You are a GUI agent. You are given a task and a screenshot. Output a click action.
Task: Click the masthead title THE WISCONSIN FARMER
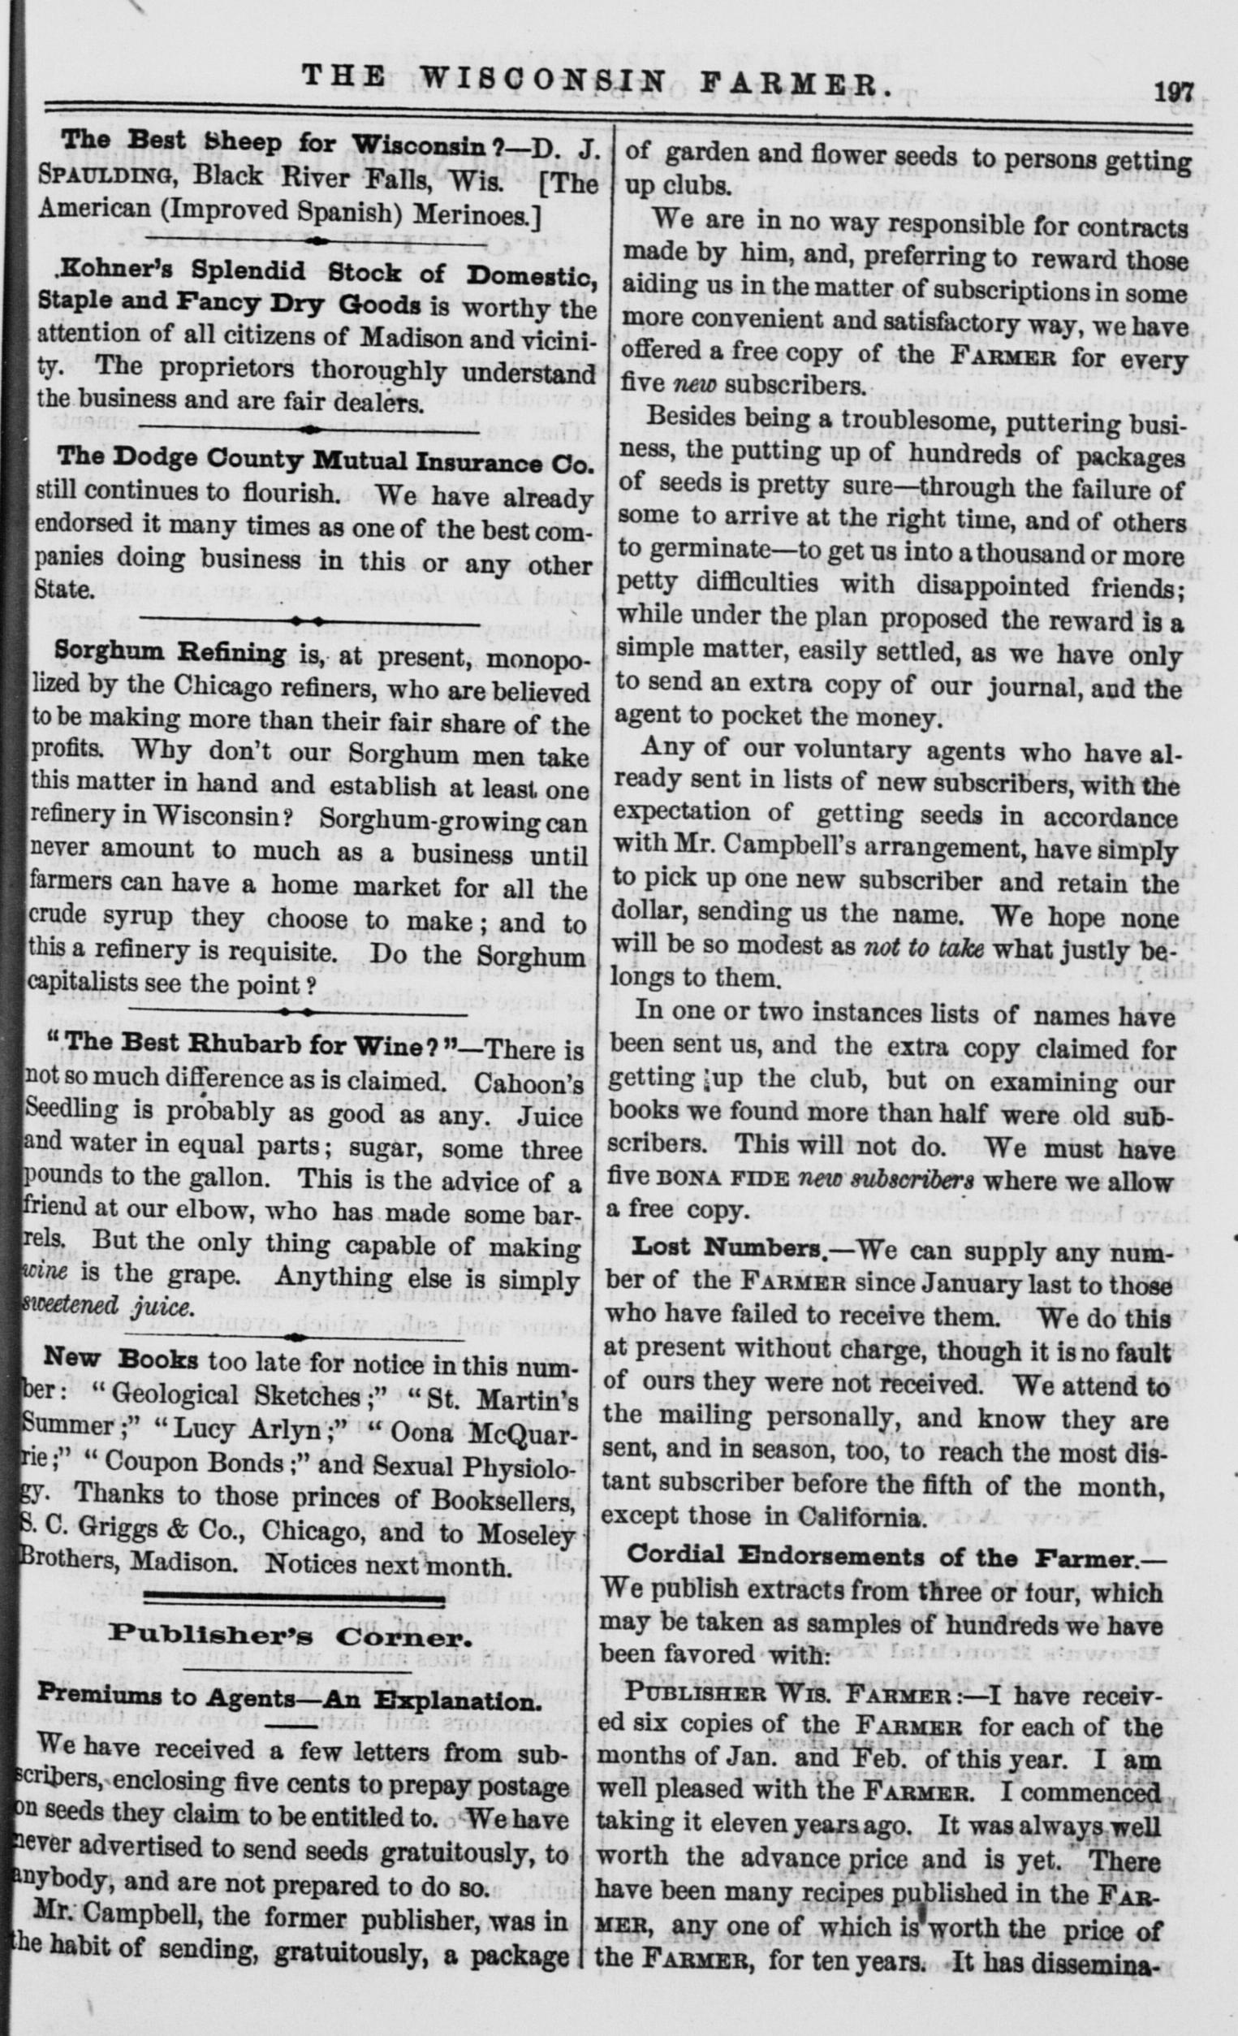tap(590, 80)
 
